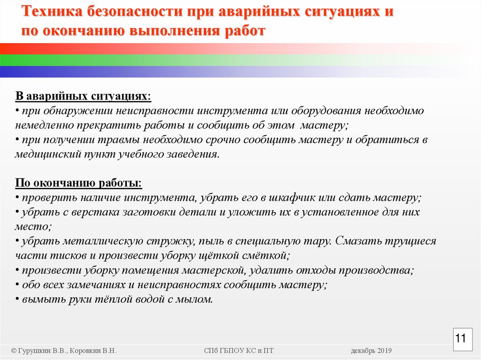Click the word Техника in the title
point(51,12)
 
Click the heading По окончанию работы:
point(78,183)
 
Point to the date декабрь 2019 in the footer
point(371,351)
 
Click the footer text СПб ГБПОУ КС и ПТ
point(239,351)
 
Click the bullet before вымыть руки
point(17,299)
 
